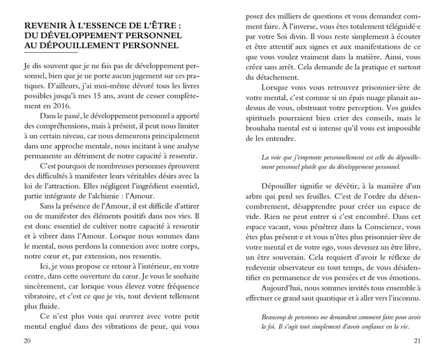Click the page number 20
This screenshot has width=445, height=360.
pos(27,340)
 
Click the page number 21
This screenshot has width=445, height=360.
pos(417,340)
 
